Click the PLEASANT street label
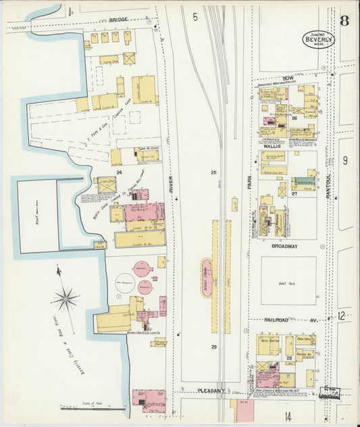215,391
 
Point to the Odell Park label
288,283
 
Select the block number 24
119,172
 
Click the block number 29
213,347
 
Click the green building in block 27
303,183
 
